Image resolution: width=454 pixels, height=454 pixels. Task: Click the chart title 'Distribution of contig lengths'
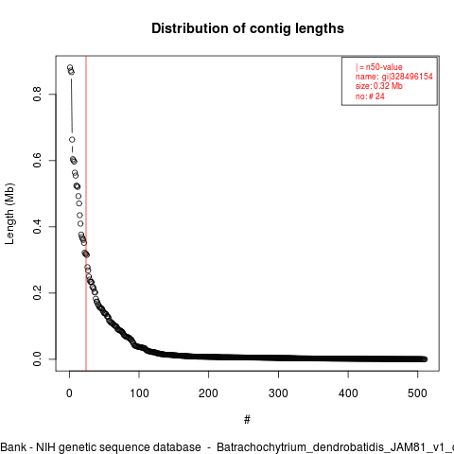tap(248, 28)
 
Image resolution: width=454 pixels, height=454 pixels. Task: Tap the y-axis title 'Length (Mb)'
tap(9, 214)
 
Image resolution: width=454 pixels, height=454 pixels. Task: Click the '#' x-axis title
tap(247, 420)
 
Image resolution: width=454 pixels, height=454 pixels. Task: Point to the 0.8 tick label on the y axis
tap(37, 94)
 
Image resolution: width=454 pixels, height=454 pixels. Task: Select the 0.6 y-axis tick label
tap(37, 160)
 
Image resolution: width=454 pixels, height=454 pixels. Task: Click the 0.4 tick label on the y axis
tap(37, 226)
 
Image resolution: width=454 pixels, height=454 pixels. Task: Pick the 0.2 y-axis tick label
tap(37, 292)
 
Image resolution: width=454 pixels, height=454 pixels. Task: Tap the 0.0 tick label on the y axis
tap(37, 358)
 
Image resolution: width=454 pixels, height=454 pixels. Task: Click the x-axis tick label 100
tap(139, 393)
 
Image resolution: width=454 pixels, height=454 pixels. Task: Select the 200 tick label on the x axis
tap(208, 393)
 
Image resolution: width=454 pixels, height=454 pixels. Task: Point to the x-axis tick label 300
tap(278, 393)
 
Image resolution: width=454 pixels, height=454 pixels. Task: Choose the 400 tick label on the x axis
tap(348, 393)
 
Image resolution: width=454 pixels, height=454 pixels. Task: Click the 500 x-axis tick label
tap(417, 393)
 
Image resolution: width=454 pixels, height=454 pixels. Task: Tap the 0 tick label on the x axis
tap(69, 393)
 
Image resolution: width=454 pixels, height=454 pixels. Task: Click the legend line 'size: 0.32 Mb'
tap(379, 86)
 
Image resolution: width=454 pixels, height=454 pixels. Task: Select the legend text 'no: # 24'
tap(370, 96)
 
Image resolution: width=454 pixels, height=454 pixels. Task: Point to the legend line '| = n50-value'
tap(379, 67)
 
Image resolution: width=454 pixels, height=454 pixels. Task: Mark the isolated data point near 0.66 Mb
tap(72, 140)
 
